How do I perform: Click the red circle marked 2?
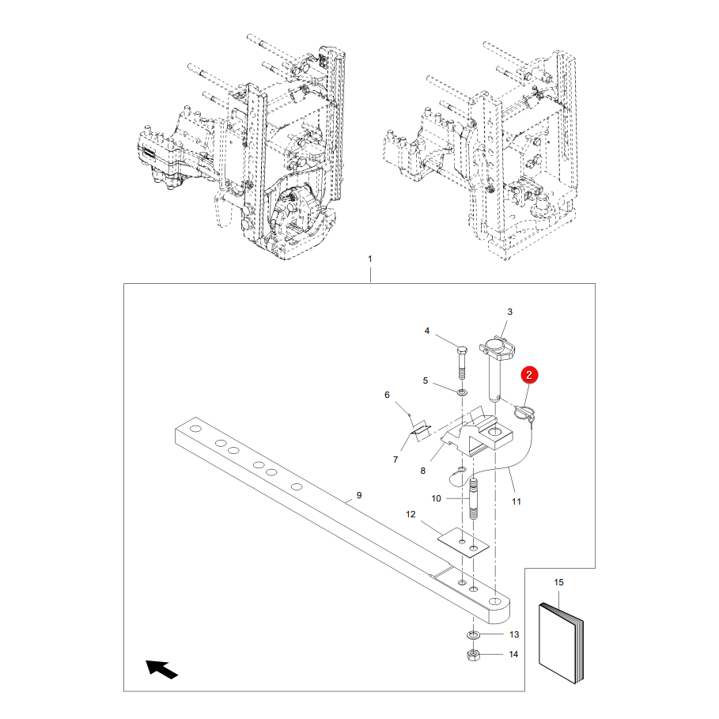pyautogui.click(x=529, y=375)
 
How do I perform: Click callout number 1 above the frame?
pyautogui.click(x=370, y=259)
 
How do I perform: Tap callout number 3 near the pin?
pyautogui.click(x=509, y=312)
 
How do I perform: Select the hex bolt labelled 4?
pyautogui.click(x=462, y=362)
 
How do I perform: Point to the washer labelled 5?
pyautogui.click(x=462, y=392)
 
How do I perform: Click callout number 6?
pyautogui.click(x=387, y=395)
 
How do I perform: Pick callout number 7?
pyautogui.click(x=395, y=460)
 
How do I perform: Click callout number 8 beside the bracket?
pyautogui.click(x=423, y=471)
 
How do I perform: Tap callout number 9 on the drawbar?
pyautogui.click(x=359, y=495)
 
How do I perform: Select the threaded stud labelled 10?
pyautogui.click(x=474, y=498)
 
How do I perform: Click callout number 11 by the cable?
pyautogui.click(x=517, y=501)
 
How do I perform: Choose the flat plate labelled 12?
pyautogui.click(x=464, y=543)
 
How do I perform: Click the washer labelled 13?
pyautogui.click(x=473, y=634)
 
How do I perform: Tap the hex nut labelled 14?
pyautogui.click(x=473, y=655)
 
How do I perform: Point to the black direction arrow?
pyautogui.click(x=161, y=669)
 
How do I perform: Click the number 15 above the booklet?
pyautogui.click(x=558, y=582)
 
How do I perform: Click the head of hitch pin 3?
pyautogui.click(x=497, y=349)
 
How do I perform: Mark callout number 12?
pyautogui.click(x=411, y=514)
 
